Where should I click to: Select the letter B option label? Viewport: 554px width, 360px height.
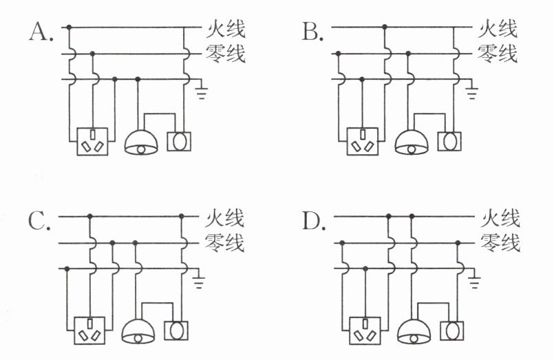(x=312, y=32)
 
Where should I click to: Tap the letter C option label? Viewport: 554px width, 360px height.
(x=39, y=221)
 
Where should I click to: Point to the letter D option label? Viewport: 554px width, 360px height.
(x=314, y=221)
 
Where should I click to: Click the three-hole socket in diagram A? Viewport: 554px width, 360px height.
(x=92, y=141)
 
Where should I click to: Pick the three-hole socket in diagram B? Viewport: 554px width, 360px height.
(x=363, y=141)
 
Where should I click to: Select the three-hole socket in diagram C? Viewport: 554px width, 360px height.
(x=89, y=330)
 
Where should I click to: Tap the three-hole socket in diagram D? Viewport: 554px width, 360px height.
(x=365, y=330)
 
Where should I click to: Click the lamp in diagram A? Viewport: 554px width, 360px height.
(x=141, y=142)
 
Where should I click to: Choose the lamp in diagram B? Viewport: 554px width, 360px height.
(x=412, y=142)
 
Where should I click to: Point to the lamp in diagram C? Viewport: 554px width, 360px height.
(x=138, y=332)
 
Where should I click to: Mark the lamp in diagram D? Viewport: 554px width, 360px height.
(x=414, y=332)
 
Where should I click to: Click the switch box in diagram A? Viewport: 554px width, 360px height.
(x=179, y=141)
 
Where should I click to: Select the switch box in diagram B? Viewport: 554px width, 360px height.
(x=449, y=141)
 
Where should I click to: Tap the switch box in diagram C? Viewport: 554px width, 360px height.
(x=176, y=330)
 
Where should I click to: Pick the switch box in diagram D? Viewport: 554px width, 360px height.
(x=452, y=330)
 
